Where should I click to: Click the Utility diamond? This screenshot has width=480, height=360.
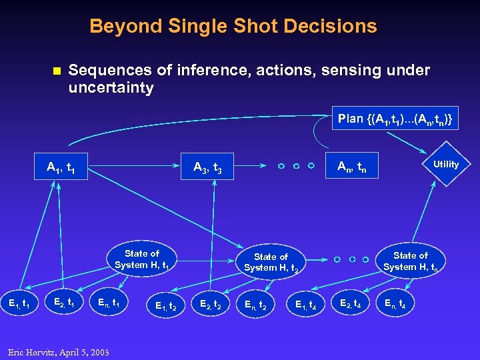tap(446, 165)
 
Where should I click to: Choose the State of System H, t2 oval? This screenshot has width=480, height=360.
tap(271, 262)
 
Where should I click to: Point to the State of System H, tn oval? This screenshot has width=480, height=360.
tap(410, 261)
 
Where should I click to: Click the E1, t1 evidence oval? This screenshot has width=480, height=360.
tap(18, 304)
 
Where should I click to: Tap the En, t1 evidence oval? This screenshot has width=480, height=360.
tap(109, 304)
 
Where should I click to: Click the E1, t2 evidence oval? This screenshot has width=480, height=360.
tap(165, 306)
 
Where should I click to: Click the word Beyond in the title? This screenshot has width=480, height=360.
tap(118, 27)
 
